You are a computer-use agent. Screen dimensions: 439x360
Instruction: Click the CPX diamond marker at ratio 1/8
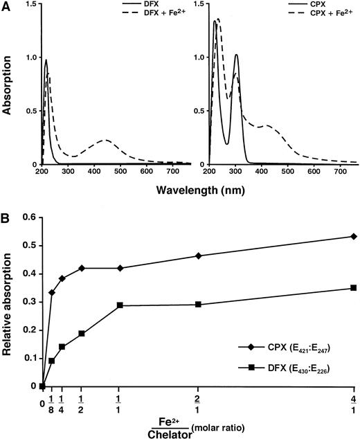pos(52,293)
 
